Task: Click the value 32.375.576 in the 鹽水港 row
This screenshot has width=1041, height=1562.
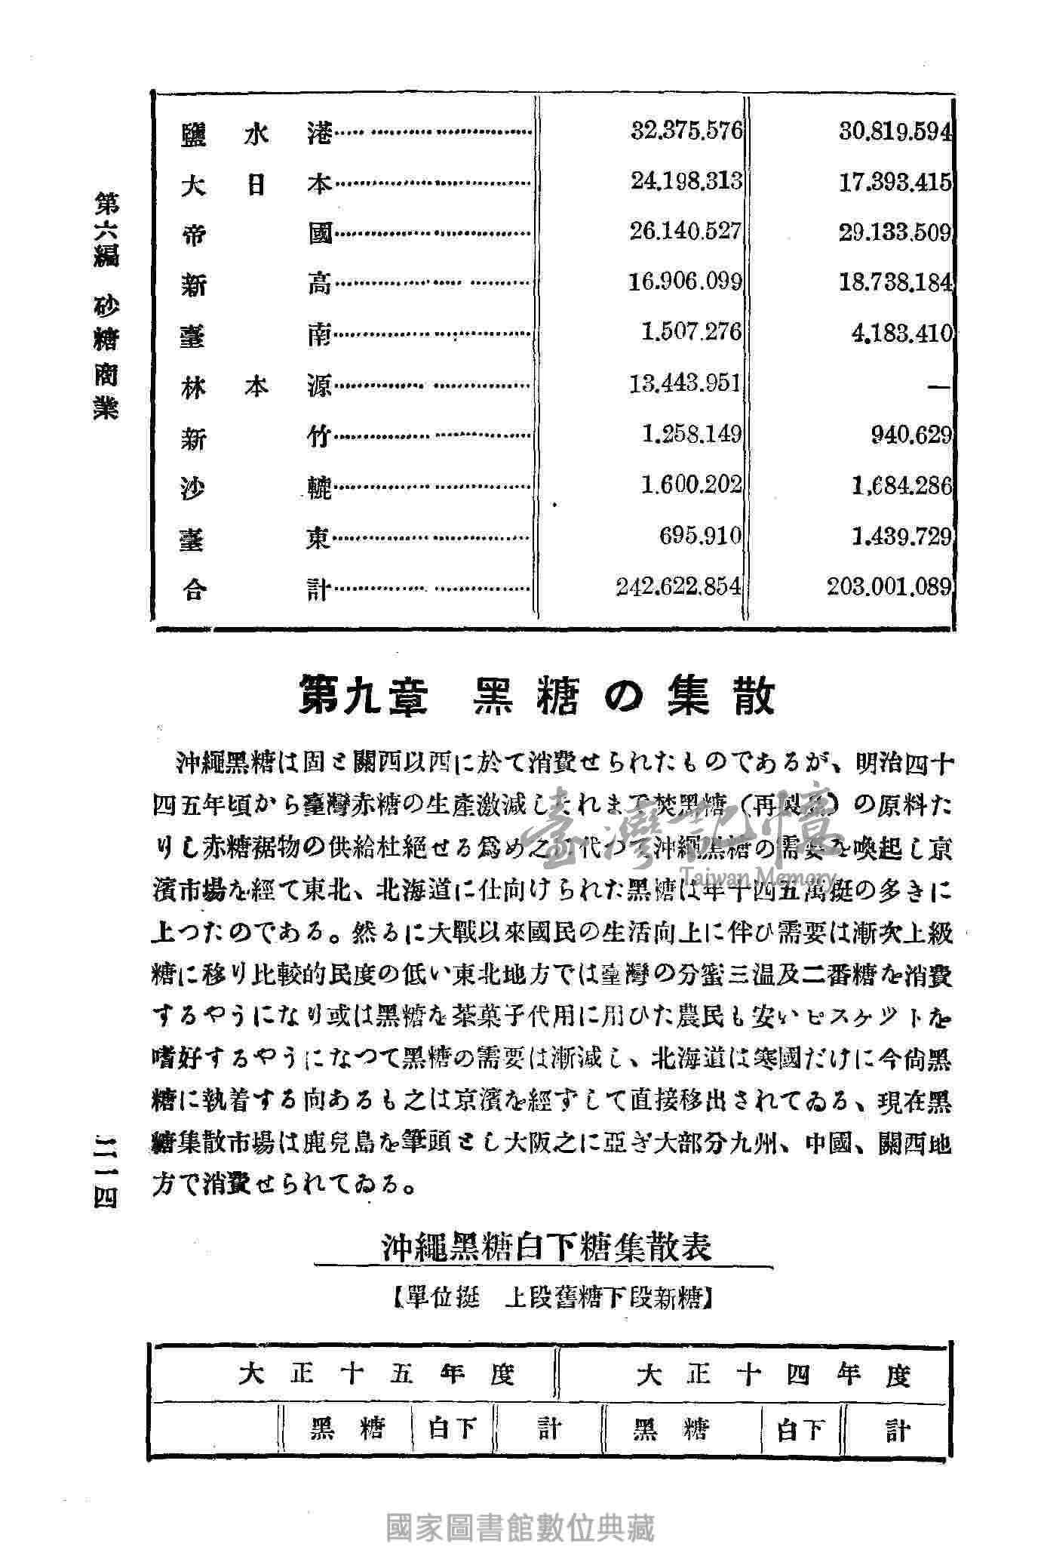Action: click(686, 131)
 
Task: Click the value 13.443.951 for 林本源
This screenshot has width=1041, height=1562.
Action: click(686, 384)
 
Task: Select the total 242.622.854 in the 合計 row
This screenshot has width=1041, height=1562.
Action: click(678, 587)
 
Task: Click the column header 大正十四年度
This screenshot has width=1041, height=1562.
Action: click(773, 1376)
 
